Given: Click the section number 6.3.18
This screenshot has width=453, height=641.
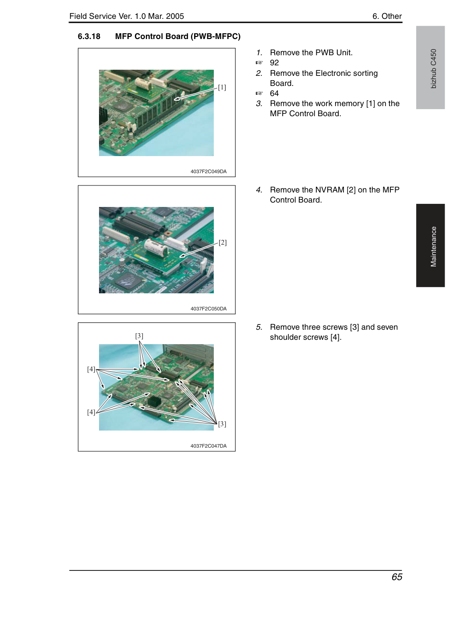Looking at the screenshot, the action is (x=89, y=36).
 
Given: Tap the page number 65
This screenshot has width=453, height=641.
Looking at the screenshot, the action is (x=397, y=577).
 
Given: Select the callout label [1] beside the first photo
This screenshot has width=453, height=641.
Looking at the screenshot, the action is (x=222, y=87).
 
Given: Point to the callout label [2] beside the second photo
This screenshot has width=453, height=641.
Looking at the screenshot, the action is (x=223, y=242).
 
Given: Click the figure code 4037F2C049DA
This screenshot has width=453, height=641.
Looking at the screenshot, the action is (x=209, y=171).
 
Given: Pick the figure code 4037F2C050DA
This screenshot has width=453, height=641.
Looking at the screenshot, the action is (x=209, y=309).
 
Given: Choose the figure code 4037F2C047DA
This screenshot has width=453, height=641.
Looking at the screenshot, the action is (x=209, y=446).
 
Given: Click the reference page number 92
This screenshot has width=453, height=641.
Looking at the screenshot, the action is (x=274, y=63).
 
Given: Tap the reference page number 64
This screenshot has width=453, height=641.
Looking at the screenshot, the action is (x=274, y=93).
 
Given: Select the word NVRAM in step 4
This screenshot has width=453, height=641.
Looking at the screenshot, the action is (x=329, y=190).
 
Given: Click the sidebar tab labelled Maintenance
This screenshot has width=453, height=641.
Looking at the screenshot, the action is (x=430, y=246).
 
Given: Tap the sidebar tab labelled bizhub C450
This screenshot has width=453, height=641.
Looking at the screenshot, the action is (x=430, y=68).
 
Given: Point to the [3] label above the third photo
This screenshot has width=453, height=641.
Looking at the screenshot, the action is (x=139, y=336).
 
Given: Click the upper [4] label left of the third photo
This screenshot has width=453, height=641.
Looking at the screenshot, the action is (x=91, y=369).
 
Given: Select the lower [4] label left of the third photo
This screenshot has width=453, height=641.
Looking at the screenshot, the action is (x=91, y=412).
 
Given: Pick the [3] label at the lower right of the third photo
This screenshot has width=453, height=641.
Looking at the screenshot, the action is (x=222, y=424).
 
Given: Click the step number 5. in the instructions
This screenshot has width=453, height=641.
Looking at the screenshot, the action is (x=259, y=327).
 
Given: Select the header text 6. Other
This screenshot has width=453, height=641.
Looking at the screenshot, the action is (x=387, y=16).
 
